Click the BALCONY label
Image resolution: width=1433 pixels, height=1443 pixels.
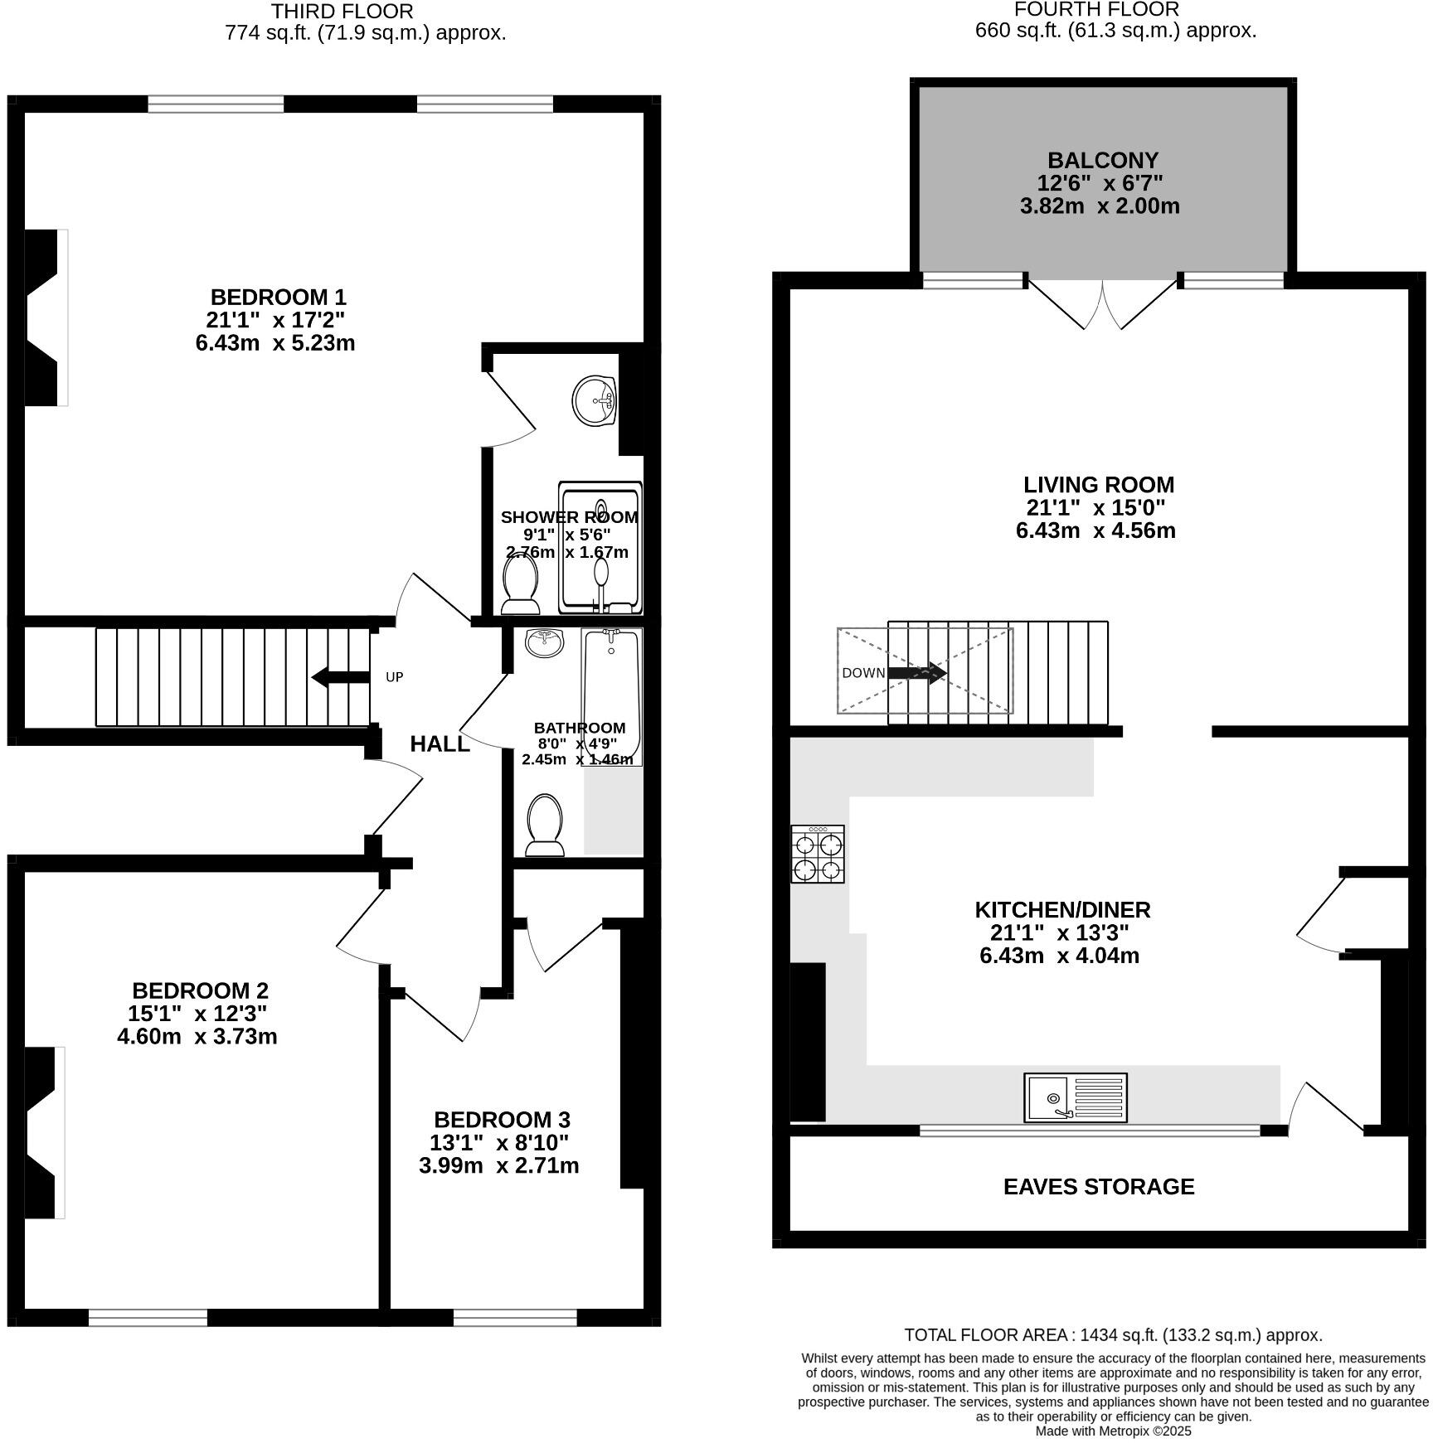pos(1102,160)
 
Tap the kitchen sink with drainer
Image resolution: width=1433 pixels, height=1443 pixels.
pos(1075,1097)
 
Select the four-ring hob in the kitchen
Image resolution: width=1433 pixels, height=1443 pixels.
pos(818,854)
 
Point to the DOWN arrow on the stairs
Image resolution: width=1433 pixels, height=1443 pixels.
pos(916,672)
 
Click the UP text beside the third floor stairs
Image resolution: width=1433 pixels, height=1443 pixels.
pos(395,677)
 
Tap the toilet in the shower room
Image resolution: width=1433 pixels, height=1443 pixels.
pos(521,583)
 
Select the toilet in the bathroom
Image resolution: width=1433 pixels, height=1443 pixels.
pos(545,825)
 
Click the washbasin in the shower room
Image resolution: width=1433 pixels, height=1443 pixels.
pos(595,400)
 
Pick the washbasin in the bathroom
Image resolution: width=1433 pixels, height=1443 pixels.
pos(544,642)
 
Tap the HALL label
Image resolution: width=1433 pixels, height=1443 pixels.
pos(440,743)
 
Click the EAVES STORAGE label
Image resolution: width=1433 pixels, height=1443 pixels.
pos(1099,1186)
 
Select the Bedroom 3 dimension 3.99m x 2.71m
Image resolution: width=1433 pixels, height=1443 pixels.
pos(498,1165)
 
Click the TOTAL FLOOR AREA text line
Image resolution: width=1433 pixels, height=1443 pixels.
pos(1113,1334)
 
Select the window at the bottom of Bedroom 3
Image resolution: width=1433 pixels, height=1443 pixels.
pos(515,1318)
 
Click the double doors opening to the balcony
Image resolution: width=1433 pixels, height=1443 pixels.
pos(1103,303)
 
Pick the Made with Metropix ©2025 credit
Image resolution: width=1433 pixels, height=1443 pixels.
pos(1113,1431)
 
